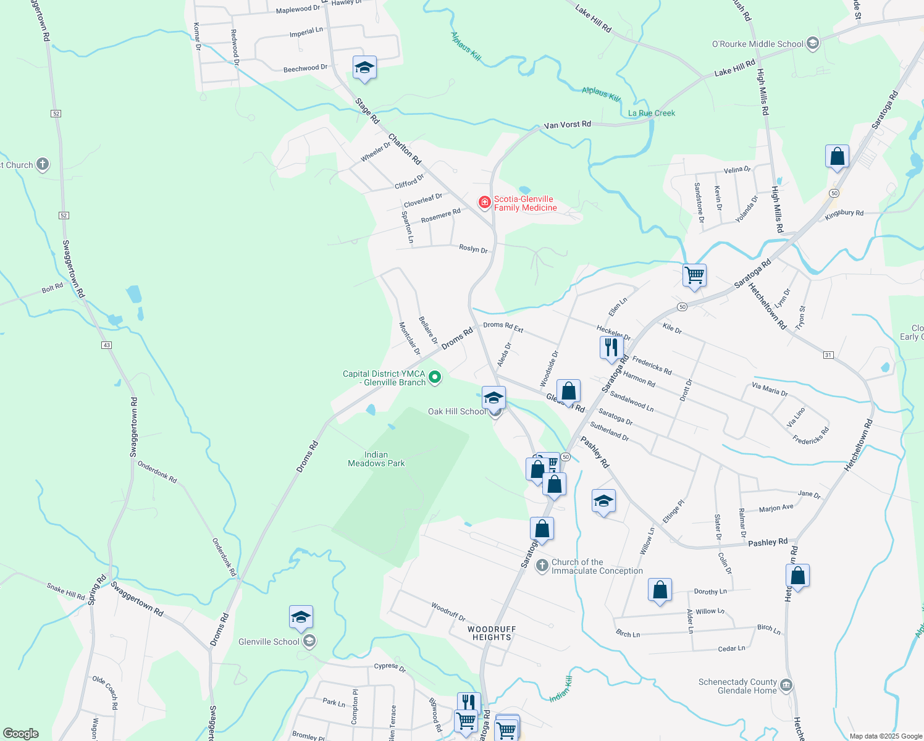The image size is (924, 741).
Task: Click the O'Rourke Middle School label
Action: click(758, 44)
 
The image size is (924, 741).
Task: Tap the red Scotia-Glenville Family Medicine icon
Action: click(485, 202)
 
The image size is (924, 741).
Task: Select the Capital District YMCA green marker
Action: click(435, 377)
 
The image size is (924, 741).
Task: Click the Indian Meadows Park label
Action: click(376, 459)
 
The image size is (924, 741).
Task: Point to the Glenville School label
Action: click(269, 642)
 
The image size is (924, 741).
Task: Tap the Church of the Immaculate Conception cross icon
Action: click(542, 566)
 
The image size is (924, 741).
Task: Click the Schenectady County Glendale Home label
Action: click(737, 686)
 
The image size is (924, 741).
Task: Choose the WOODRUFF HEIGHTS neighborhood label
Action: click(492, 633)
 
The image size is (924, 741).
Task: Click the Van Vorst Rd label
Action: click(567, 125)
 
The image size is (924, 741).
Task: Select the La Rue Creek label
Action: click(652, 113)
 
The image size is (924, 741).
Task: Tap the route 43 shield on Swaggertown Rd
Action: click(107, 345)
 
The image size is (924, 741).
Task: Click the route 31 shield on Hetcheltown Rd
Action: click(828, 354)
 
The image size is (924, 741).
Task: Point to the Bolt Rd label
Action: click(52, 288)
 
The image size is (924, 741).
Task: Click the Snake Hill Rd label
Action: click(65, 591)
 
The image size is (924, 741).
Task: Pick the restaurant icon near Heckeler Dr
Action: click(611, 347)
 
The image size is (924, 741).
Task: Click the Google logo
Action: click(20, 733)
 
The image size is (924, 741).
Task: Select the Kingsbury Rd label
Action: click(844, 213)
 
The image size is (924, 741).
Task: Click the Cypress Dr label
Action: click(390, 667)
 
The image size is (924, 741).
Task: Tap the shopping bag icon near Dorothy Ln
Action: click(660, 590)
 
